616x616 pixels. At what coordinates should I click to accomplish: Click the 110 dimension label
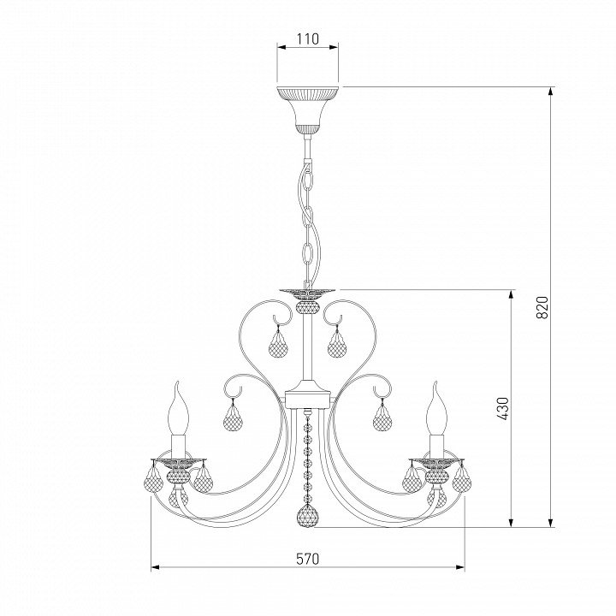(x=308, y=38)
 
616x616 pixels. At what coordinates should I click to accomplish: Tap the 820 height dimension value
(x=542, y=307)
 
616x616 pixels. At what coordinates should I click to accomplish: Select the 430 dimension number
(x=502, y=409)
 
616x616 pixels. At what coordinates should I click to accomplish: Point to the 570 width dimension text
(x=308, y=559)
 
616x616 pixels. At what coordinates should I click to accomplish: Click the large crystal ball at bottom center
(x=308, y=515)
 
